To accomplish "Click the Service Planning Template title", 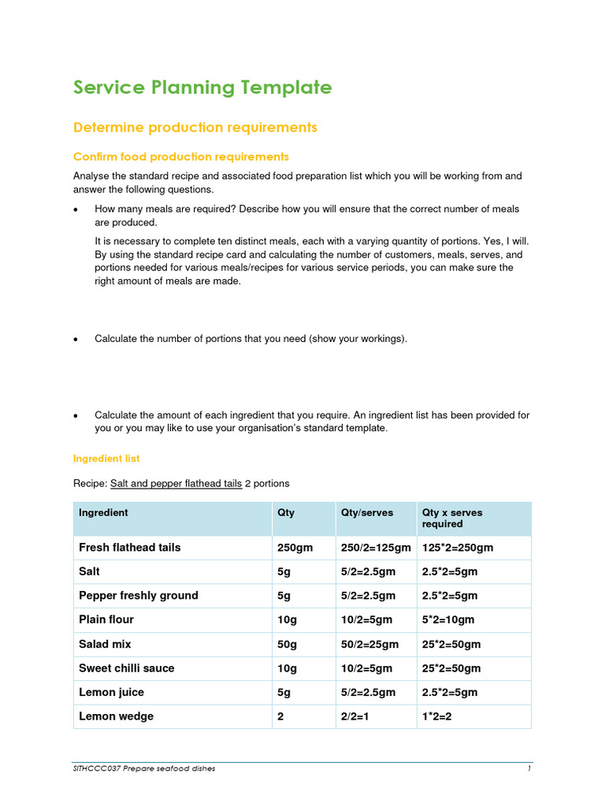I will pos(202,87).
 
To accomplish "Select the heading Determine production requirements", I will pos(195,127).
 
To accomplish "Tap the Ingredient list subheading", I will pos(106,458).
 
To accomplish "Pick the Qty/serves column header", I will pos(366,512).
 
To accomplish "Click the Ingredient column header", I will pos(103,512).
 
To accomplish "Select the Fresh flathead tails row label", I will pos(129,547).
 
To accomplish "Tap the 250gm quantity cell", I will pos(293,547).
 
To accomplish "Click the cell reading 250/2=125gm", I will pos(376,547).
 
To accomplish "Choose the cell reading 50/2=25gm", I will pos(369,644).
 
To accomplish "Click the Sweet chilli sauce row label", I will pos(126,668).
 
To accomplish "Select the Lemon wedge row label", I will pos(116,716).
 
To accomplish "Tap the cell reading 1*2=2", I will pos(438,716).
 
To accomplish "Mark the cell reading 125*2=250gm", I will pos(458,547).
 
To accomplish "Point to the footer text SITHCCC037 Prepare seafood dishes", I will pos(144,768).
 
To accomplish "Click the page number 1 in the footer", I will pos(529,768).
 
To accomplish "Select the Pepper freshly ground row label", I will pos(138,595).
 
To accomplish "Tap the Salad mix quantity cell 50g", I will pos(287,644).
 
